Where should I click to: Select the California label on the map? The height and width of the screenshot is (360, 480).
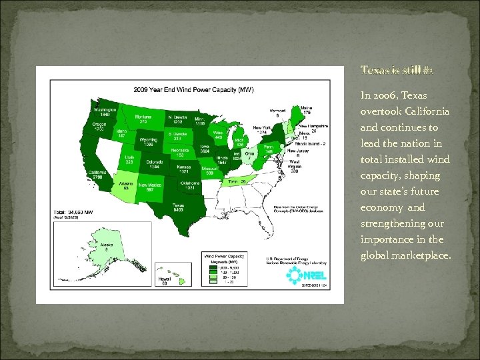click(x=98, y=173)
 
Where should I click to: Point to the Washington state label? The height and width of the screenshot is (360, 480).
click(x=105, y=111)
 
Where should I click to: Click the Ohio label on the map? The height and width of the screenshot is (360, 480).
click(x=248, y=154)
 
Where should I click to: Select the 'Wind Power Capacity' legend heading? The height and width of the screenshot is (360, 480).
click(x=223, y=255)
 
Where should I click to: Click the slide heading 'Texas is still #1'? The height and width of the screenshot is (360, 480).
click(x=387, y=71)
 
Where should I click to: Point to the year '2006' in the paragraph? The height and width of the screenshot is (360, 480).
click(x=387, y=96)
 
